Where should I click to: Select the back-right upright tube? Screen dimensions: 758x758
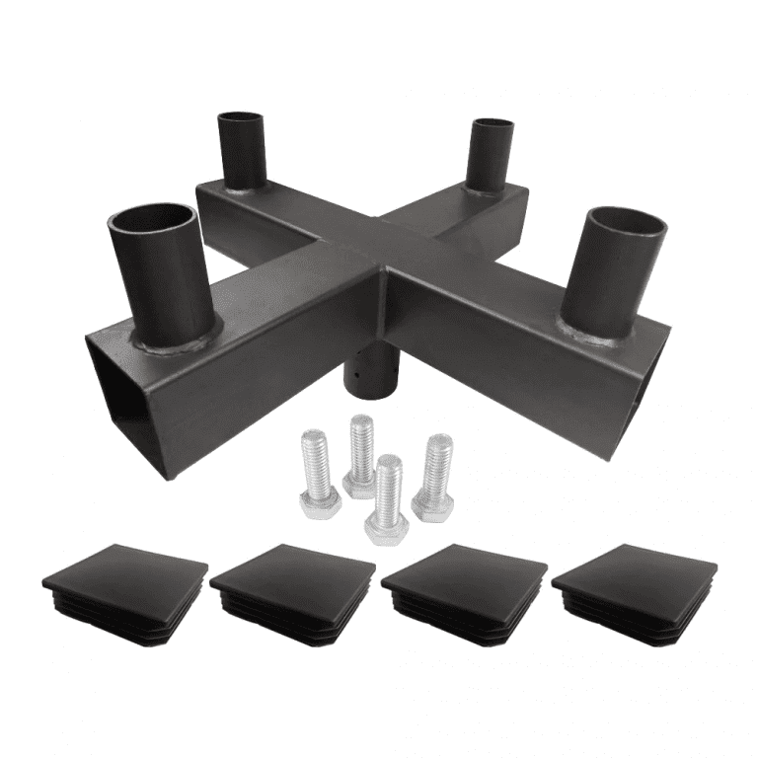point(491,153)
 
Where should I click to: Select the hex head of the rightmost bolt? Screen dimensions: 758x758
point(432,504)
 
